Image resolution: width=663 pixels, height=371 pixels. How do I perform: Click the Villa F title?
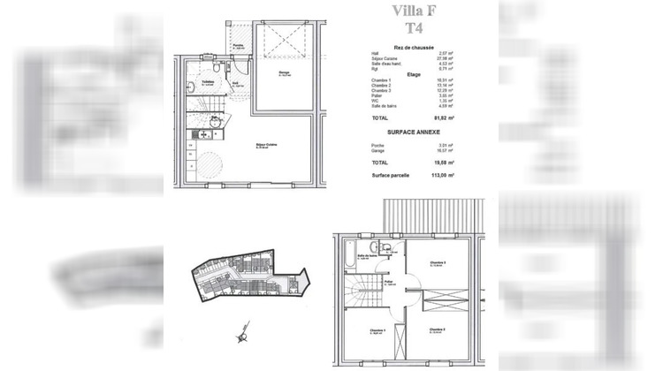(x=407, y=12)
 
